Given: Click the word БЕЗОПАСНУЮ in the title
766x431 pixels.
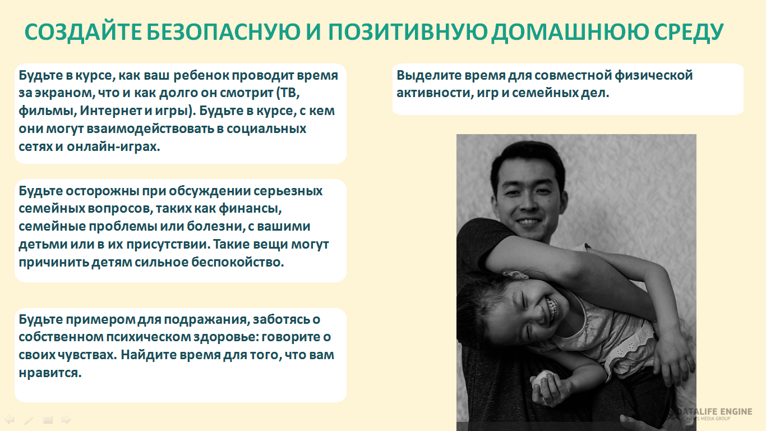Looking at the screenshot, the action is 223,32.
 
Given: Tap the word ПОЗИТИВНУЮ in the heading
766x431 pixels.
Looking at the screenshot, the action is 408,32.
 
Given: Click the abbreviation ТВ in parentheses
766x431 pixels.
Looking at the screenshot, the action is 290,93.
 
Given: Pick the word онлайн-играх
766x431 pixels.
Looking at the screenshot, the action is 113,146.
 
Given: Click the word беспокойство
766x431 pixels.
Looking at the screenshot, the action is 237,262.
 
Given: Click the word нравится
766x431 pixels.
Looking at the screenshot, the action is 50,373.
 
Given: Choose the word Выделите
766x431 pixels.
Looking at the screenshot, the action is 428,75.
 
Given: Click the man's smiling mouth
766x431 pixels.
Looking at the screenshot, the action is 528,222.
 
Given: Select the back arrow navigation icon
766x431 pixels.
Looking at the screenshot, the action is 9,419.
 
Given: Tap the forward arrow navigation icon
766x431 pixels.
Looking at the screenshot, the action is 66,419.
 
